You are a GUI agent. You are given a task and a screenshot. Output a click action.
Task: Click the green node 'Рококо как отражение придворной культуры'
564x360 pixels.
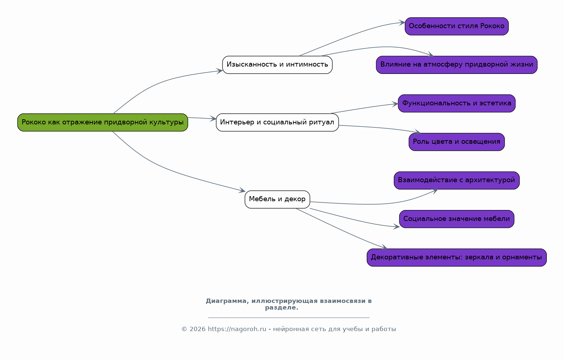103,122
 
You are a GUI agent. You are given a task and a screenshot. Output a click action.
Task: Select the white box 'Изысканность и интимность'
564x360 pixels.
277,65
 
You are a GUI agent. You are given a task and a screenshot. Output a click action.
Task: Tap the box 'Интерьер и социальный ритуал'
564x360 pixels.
277,122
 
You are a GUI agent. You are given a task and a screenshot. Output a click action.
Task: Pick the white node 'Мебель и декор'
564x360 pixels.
277,199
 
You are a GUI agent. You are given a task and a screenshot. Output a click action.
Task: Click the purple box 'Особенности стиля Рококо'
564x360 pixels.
456,26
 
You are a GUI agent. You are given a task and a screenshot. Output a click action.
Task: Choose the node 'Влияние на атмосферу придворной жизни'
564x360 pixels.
456,65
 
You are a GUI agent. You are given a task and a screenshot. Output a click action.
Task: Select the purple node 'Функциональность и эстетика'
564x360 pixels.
456,104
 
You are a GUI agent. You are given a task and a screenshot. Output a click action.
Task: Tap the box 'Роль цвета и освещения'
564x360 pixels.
456,142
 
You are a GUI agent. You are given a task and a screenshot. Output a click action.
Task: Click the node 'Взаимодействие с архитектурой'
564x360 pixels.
456,180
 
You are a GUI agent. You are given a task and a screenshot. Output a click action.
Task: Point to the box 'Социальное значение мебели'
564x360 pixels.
456,219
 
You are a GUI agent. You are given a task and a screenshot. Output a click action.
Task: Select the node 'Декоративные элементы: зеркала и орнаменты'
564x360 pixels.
456,258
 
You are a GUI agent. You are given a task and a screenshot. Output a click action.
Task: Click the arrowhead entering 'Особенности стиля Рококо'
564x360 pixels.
402,23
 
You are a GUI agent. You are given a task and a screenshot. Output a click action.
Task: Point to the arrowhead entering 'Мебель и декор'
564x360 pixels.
242,191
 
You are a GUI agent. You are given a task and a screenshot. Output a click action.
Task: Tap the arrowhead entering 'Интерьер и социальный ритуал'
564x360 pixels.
213,119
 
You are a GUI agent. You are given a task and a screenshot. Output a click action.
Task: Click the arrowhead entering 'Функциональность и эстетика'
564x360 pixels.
395,104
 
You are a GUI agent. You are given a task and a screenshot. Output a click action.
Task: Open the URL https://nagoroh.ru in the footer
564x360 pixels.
237,329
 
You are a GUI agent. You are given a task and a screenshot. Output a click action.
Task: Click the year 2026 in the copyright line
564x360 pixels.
197,329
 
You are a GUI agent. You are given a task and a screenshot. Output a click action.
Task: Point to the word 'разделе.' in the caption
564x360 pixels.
281,308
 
